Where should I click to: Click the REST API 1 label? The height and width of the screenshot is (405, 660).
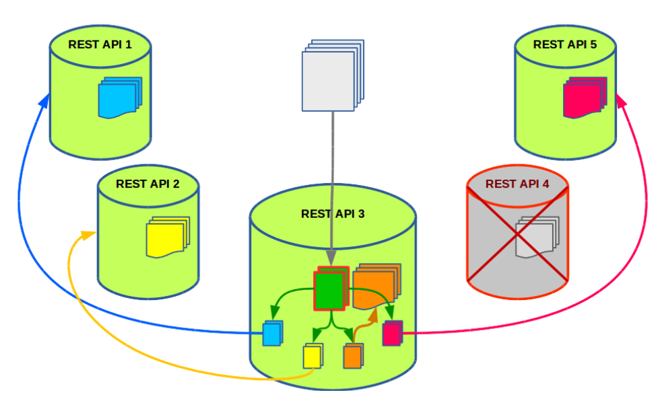pos(100,45)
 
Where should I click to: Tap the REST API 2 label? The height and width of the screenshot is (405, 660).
pos(147,183)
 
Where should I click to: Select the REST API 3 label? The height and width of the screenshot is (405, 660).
pos(333,214)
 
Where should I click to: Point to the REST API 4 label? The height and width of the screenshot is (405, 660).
pos(517,184)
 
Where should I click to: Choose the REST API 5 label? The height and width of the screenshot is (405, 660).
pos(564,44)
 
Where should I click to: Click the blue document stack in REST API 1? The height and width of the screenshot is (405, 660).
pos(120,98)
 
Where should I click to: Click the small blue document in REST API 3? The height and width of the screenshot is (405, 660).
pos(272,333)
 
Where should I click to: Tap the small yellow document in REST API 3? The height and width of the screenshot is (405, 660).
pos(312,355)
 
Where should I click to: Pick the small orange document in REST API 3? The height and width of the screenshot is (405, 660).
pos(353,355)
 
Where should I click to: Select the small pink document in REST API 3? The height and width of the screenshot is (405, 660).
pos(392,333)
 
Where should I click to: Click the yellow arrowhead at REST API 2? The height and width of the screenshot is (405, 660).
pos(88,235)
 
